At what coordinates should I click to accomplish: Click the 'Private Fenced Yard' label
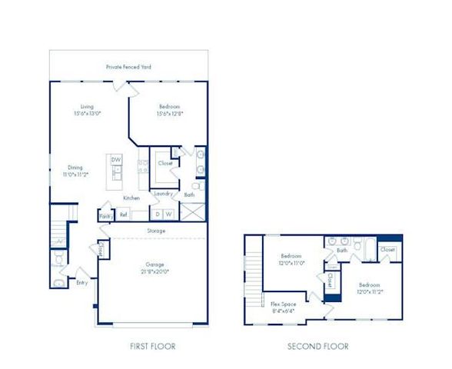(x=128, y=67)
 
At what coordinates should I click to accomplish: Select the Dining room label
(x=75, y=170)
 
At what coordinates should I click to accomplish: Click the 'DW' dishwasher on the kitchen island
(x=116, y=159)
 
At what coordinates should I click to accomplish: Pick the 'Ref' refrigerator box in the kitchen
(x=123, y=215)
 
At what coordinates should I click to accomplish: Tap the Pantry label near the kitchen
(x=105, y=217)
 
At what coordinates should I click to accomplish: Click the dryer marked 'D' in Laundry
(x=158, y=214)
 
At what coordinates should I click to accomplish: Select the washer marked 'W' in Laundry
(x=169, y=214)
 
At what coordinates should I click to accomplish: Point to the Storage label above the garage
(x=155, y=231)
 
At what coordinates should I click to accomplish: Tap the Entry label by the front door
(x=82, y=282)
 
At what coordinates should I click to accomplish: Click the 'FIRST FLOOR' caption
(x=153, y=347)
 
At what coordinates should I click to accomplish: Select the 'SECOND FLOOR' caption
(x=318, y=347)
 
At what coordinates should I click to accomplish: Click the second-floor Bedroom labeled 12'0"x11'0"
(x=292, y=260)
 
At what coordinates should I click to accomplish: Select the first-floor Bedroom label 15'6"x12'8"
(x=170, y=111)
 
